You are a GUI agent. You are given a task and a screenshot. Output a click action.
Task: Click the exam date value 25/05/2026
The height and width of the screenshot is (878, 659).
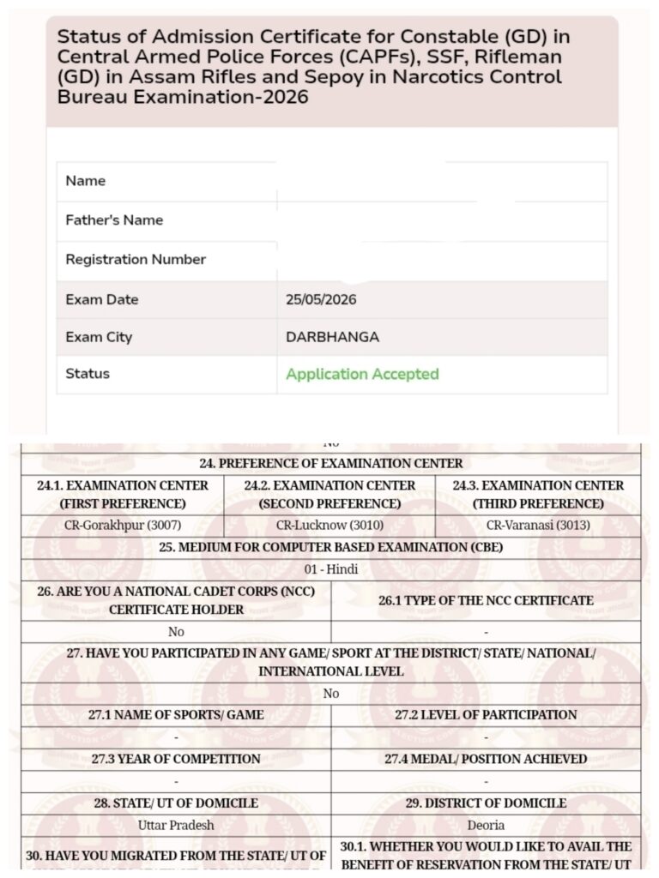(321, 300)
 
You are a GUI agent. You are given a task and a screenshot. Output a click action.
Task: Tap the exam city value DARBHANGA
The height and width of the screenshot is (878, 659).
(332, 337)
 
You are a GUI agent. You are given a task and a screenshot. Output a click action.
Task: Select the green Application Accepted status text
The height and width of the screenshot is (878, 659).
(362, 374)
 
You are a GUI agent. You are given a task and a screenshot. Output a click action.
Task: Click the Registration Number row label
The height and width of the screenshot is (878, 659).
(136, 259)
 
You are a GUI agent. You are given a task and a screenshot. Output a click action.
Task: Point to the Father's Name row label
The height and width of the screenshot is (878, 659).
(114, 220)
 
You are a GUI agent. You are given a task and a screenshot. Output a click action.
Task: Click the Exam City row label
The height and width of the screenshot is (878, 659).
(99, 337)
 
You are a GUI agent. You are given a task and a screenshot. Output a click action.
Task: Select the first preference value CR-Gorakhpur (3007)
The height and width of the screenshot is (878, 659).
(123, 525)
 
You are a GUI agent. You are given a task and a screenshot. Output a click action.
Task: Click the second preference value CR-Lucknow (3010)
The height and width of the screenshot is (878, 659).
(329, 525)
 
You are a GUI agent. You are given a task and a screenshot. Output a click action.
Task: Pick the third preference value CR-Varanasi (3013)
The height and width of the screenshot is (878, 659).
(538, 525)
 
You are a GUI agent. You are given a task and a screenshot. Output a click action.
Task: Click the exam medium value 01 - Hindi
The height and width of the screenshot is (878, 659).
(331, 569)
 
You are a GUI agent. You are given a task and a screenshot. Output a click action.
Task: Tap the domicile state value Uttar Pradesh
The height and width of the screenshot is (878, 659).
(176, 825)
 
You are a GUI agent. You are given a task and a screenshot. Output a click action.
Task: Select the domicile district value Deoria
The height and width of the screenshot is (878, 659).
(486, 825)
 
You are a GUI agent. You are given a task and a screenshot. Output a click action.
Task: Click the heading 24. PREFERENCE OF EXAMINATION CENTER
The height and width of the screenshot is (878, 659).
(331, 464)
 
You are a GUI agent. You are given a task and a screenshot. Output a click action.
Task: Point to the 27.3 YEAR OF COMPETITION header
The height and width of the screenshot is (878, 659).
(176, 759)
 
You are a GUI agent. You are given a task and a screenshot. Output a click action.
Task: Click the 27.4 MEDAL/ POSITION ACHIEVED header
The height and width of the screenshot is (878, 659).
(486, 759)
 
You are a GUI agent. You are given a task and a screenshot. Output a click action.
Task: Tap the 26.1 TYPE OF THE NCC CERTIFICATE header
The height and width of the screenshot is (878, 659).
(486, 600)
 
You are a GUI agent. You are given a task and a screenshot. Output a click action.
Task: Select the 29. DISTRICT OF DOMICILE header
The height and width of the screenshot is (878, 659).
(486, 803)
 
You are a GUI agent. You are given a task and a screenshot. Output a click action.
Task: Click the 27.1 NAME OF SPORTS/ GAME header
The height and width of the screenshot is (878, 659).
(176, 714)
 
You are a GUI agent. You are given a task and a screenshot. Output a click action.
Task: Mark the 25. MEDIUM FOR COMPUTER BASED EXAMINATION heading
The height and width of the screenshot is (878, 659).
(331, 547)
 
